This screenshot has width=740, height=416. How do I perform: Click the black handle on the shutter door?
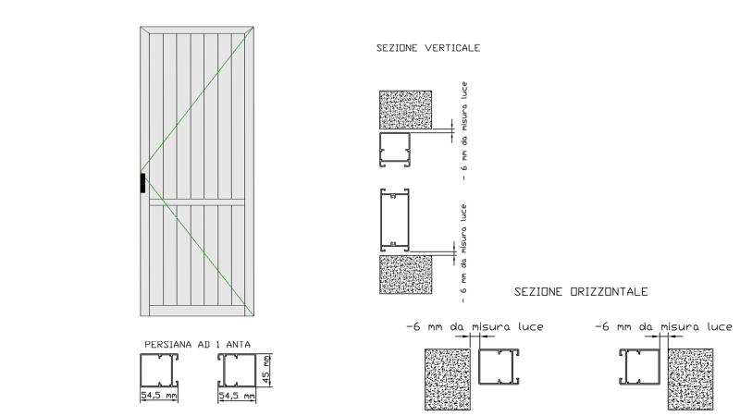[142, 183]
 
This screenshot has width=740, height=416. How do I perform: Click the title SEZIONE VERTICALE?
[428, 48]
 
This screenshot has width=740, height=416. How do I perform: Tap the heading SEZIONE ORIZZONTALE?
[581, 291]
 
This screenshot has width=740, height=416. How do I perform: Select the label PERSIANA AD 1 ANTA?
[197, 344]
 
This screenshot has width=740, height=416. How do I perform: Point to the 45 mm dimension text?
[266, 369]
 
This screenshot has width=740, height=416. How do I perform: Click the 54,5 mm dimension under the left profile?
[159, 396]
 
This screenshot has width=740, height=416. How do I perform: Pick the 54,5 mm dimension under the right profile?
[237, 396]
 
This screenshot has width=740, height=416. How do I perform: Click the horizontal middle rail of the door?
[197, 202]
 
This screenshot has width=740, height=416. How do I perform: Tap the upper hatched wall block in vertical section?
[405, 109]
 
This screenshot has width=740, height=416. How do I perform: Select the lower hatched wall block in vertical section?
[405, 275]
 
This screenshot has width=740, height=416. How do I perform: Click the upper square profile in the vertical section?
[395, 150]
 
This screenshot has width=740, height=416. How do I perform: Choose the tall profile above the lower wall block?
[395, 220]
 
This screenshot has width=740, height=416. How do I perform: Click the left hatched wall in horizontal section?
[448, 379]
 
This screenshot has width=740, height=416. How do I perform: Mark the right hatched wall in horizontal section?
[690, 379]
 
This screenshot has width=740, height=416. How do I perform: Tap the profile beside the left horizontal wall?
[499, 366]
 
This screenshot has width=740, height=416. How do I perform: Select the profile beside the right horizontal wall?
[639, 366]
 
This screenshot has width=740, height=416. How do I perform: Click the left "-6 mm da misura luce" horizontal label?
[475, 326]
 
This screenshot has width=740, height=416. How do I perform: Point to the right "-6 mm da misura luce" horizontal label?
[663, 326]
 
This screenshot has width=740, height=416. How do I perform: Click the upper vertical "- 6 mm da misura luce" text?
[464, 131]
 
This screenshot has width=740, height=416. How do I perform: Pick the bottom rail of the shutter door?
[197, 311]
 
